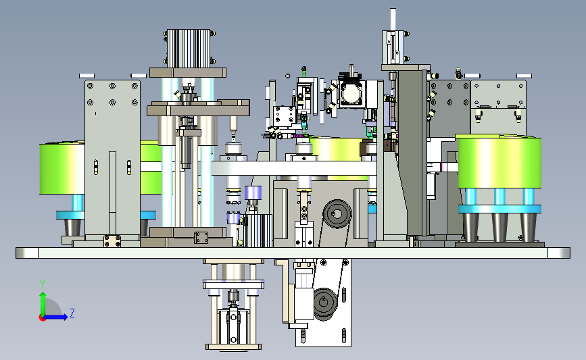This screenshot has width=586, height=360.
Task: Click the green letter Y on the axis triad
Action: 43,284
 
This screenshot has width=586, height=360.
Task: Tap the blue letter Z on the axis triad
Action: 72,313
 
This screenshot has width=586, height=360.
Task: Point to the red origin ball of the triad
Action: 42,318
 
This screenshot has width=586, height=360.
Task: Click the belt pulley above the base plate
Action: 337,214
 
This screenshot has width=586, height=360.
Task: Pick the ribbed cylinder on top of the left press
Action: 189,49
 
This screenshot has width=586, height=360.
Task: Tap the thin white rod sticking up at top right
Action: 393,19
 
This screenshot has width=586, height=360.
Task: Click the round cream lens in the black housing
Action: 351,94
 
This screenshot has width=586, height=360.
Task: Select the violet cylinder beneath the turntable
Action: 253,192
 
